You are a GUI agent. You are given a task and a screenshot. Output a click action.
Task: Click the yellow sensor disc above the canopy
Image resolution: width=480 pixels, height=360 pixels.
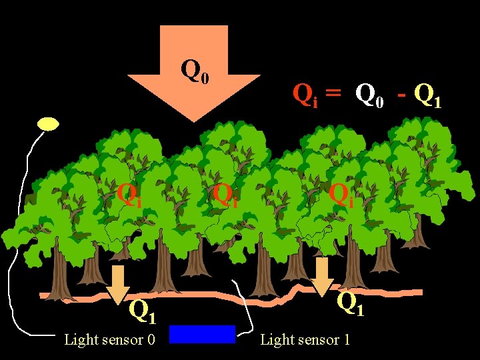click(x=48, y=124)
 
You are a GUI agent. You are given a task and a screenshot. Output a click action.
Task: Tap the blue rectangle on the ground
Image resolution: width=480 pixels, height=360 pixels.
click(x=202, y=334)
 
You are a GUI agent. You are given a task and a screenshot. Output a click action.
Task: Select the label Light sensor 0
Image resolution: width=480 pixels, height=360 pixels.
click(x=109, y=340)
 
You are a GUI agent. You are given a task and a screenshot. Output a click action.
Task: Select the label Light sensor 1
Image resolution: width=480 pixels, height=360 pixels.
click(x=305, y=340)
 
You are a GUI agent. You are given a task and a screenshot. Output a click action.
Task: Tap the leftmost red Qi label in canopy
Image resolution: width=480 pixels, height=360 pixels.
click(x=128, y=194)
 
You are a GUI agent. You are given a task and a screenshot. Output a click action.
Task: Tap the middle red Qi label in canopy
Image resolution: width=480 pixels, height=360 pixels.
click(x=225, y=194)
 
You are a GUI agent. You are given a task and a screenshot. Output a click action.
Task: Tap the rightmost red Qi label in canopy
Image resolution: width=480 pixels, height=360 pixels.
click(x=341, y=194)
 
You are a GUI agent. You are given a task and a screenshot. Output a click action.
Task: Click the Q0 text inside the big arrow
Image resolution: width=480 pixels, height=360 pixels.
click(x=195, y=70)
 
